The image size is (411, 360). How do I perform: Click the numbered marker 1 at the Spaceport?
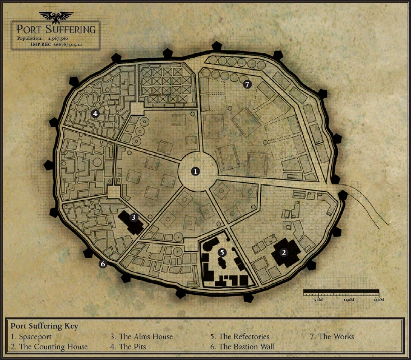(x=195, y=172)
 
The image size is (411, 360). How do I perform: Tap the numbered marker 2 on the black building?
(x=284, y=252)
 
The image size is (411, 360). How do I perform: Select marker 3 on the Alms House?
(x=133, y=217)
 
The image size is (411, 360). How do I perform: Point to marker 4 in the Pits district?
(x=95, y=113)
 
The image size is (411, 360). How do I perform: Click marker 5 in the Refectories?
(x=222, y=252)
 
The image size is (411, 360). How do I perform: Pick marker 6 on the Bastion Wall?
(x=103, y=264)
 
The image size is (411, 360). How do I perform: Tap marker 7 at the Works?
(x=247, y=84)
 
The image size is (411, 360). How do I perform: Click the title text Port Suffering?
(x=56, y=29)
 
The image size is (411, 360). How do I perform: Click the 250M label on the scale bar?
(x=378, y=300)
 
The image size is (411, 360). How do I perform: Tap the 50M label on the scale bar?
(x=318, y=300)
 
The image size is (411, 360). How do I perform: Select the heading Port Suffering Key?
(x=44, y=326)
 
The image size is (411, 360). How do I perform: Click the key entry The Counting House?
(x=49, y=347)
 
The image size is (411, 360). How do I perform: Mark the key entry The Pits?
(x=134, y=347)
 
